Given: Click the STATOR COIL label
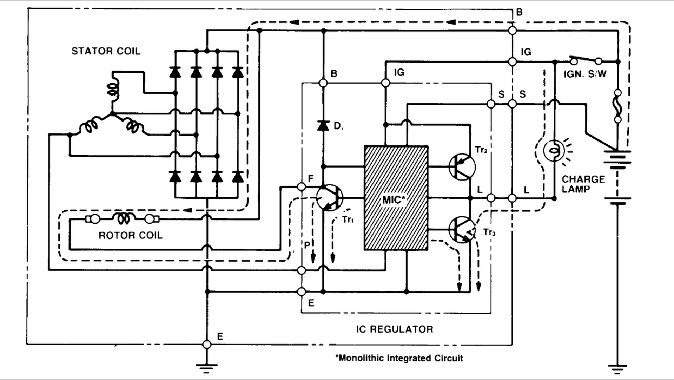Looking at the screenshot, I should [106, 51].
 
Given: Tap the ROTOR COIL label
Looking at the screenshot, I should [131, 235].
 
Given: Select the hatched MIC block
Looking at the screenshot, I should [396, 198].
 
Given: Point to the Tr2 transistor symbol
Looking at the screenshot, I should [462, 167].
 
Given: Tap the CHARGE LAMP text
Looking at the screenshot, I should [583, 184].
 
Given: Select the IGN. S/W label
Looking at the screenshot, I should [585, 74].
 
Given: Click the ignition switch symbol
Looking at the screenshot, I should [586, 60].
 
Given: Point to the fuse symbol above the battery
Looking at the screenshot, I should [618, 106].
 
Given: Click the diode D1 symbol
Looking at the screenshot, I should [323, 125].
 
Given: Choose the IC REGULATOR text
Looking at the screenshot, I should [395, 329].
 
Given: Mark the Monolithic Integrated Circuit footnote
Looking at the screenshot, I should [399, 358].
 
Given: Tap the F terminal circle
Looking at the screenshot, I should [301, 186].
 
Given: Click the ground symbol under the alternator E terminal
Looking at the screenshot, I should [207, 368].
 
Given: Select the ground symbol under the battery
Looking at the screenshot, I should [618, 369].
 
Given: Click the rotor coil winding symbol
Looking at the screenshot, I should [123, 219].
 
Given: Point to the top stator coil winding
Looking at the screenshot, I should [113, 90].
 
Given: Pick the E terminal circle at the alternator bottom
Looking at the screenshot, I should [207, 344].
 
